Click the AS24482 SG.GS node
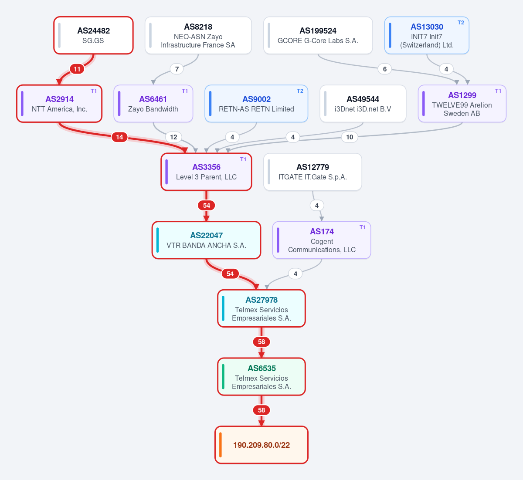click(93, 35)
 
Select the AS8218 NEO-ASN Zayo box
click(198, 35)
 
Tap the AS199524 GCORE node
click(318, 35)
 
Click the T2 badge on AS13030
click(461, 23)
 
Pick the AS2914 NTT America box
click(59, 104)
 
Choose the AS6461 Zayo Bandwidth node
click(153, 104)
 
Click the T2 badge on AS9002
click(300, 91)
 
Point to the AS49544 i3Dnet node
click(363, 104)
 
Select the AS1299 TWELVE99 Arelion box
click(462, 104)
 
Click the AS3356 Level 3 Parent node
click(206, 172)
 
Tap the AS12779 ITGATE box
click(312, 172)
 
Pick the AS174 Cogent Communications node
click(322, 240)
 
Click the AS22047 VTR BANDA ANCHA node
click(206, 240)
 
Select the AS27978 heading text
click(261, 300)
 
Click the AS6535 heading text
click(261, 368)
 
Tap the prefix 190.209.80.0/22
click(261, 445)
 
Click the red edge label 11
click(77, 69)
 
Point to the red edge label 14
click(119, 137)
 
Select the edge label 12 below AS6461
click(173, 137)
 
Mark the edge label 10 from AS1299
click(350, 137)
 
